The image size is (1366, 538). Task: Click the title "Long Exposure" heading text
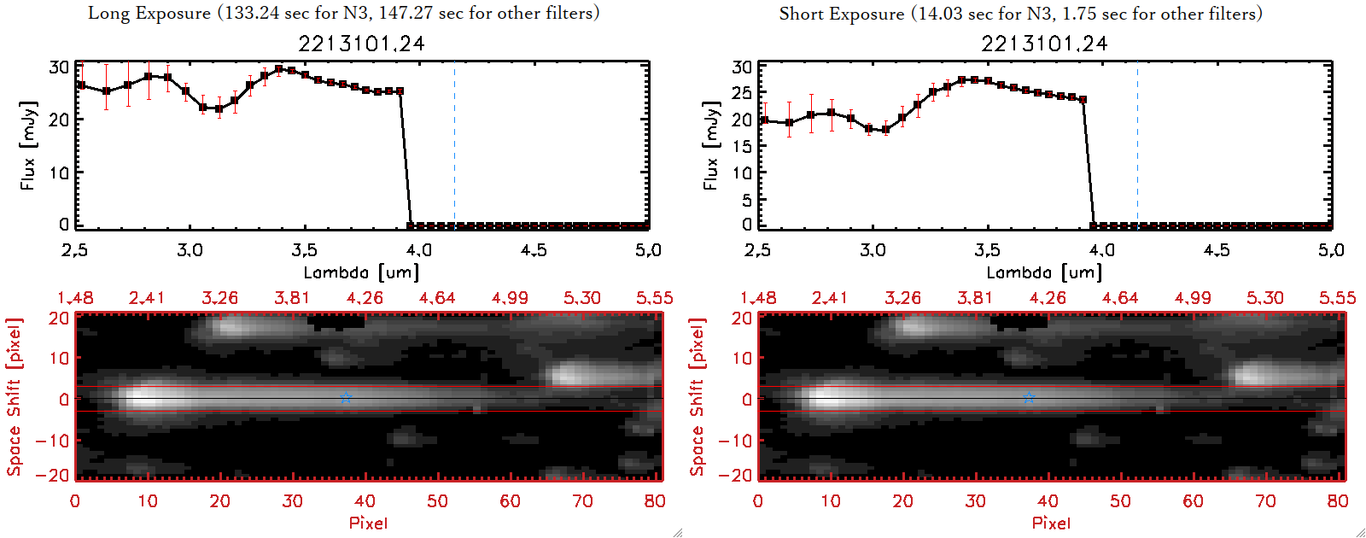click(x=149, y=14)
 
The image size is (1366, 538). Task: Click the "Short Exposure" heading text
click(x=842, y=15)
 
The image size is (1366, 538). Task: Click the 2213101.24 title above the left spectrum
click(x=361, y=44)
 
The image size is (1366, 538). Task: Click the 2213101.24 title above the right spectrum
click(x=1044, y=44)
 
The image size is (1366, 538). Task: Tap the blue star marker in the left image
click(x=346, y=398)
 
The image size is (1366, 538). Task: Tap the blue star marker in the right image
click(x=1029, y=398)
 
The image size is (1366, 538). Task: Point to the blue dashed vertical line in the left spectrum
click(x=454, y=145)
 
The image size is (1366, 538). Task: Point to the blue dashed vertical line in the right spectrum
click(x=1137, y=145)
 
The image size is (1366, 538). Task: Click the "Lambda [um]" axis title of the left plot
click(x=361, y=273)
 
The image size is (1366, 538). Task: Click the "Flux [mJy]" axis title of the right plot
click(x=711, y=145)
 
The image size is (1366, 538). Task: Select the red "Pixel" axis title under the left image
click(x=368, y=523)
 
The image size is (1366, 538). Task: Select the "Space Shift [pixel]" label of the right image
click(x=698, y=397)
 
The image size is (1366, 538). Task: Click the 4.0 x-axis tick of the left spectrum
click(x=418, y=250)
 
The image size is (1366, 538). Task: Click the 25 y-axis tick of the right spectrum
click(x=742, y=92)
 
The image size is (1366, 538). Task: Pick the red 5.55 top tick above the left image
click(x=654, y=298)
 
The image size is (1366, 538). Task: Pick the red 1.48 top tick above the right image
click(x=758, y=298)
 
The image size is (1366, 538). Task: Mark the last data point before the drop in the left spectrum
click(x=400, y=91)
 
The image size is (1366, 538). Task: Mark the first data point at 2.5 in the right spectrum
click(x=764, y=120)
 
